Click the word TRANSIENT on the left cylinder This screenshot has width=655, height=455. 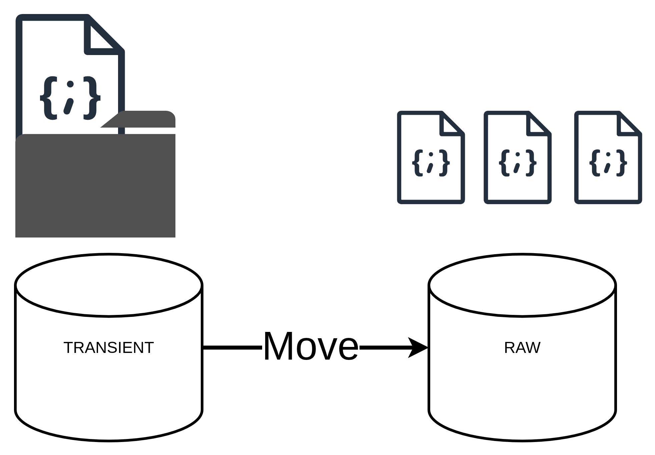[108, 348]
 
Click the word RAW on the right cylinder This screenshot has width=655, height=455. [522, 348]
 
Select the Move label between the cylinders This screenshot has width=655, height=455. [310, 346]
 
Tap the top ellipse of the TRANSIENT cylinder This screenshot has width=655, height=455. [109, 285]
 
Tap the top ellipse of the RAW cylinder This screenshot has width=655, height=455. [522, 285]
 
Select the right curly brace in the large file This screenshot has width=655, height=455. [92, 97]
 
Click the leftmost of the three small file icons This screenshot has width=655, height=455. [431, 157]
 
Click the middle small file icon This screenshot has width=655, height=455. [518, 157]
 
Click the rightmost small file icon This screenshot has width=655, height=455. [608, 157]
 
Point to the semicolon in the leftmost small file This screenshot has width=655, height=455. [431, 163]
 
